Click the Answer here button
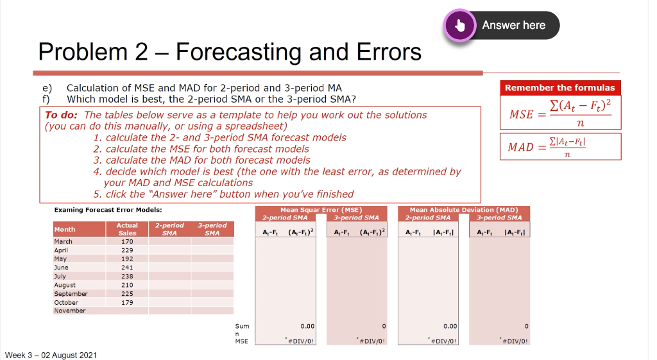pos(513,25)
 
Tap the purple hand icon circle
pos(459,26)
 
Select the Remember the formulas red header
pos(559,88)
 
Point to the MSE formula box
pos(560,113)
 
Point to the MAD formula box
pos(560,146)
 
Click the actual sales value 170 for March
pos(127,242)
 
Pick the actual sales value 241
pos(127,268)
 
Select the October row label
pos(66,302)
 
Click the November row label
pos(69,311)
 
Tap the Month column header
pos(65,229)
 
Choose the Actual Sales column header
pos(127,229)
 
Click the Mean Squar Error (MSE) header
pos(321,210)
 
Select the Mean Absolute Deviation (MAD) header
pos(463,210)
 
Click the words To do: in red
pos(61,115)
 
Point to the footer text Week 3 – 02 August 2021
pos(51,355)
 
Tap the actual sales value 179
pos(127,302)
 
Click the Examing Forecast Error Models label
pos(108,210)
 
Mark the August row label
pos(65,285)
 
